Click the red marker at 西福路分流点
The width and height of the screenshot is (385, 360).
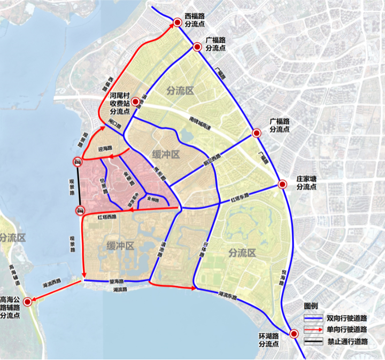[x=177, y=22]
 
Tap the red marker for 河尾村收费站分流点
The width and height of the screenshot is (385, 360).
[x=136, y=101]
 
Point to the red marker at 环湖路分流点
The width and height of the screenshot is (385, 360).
[x=294, y=334]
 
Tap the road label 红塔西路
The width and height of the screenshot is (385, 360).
[x=107, y=218]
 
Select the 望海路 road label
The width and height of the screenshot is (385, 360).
[x=116, y=281]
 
